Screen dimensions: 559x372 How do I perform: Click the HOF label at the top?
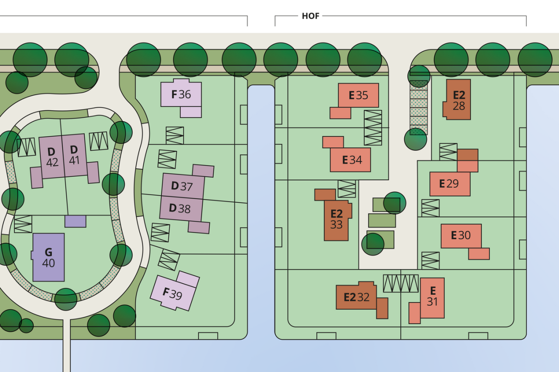pyautogui.click(x=311, y=16)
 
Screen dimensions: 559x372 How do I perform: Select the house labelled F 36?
pyautogui.click(x=181, y=95)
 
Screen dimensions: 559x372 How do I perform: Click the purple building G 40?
pyautogui.click(x=49, y=257)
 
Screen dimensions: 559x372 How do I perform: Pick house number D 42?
pyautogui.click(x=51, y=156)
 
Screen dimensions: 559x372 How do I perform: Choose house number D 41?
pyautogui.click(x=74, y=155)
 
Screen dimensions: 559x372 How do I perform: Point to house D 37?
pyautogui.click(x=182, y=186)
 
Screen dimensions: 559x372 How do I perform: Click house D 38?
pyautogui.click(x=181, y=209)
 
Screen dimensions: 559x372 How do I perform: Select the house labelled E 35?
pyautogui.click(x=358, y=95)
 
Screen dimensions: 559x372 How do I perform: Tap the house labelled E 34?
pyautogui.click(x=351, y=160)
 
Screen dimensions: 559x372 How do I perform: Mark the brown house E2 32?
pyautogui.click(x=356, y=297)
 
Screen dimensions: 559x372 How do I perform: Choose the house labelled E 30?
pyautogui.click(x=461, y=235)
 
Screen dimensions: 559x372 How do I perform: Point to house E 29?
pyautogui.click(x=449, y=183)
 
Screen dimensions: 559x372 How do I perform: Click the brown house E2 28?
pyautogui.click(x=458, y=100)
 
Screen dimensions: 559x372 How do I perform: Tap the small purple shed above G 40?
pyautogui.click(x=75, y=221)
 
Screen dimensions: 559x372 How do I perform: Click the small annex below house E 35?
pyautogui.click(x=340, y=113)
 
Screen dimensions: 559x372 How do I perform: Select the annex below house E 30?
pyautogui.click(x=479, y=253)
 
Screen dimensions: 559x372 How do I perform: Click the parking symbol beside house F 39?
pyautogui.click(x=169, y=260)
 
